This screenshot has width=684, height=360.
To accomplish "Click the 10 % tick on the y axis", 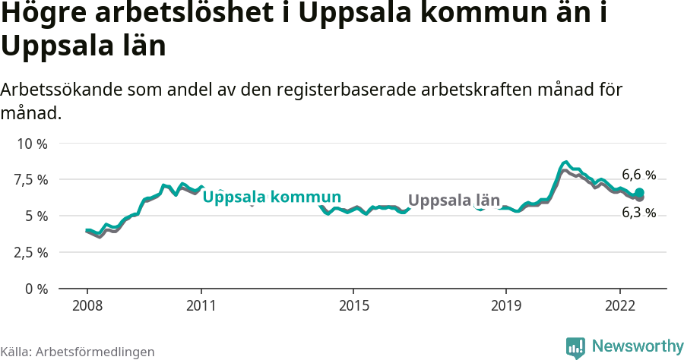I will click(x=32, y=144).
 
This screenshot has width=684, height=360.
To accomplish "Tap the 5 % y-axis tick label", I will click(x=36, y=216).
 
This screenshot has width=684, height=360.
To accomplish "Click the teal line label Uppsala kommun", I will click(x=271, y=197).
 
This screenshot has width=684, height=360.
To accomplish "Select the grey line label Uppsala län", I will click(x=454, y=201).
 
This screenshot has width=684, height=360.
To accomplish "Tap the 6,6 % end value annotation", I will click(x=638, y=174).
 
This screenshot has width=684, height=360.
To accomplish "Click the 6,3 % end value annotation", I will click(x=638, y=213).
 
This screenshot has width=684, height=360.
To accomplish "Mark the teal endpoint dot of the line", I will click(x=640, y=192).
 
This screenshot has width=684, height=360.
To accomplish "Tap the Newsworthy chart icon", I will click(x=575, y=347).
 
